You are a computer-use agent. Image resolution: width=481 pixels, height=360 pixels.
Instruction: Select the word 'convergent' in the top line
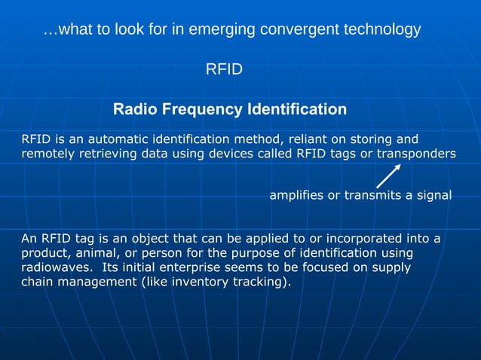coord(297,30)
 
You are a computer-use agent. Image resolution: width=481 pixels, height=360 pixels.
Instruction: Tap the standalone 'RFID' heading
coord(224,70)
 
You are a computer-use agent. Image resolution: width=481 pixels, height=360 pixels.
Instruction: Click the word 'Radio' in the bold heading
coord(133,110)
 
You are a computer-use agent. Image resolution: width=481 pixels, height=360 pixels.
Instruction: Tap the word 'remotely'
coord(47,154)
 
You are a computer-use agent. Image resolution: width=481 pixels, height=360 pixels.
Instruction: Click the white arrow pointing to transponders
coord(388,175)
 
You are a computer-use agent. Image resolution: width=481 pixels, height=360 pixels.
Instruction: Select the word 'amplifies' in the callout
coord(296,196)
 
